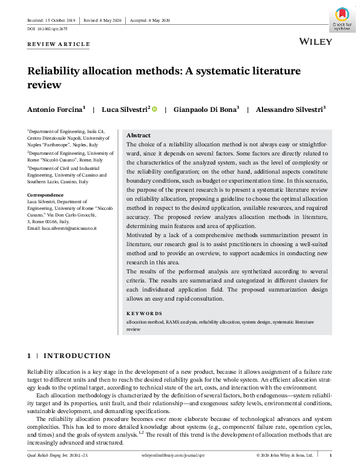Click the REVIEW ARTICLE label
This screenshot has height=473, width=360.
(x=59, y=44)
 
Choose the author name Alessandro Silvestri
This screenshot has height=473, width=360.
(x=289, y=109)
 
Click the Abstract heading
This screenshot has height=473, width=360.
(x=139, y=135)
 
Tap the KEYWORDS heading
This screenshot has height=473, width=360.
(x=144, y=313)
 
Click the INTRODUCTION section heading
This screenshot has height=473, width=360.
(x=77, y=356)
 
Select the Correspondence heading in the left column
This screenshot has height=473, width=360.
(x=45, y=195)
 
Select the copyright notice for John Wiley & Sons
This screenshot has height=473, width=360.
(x=284, y=455)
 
